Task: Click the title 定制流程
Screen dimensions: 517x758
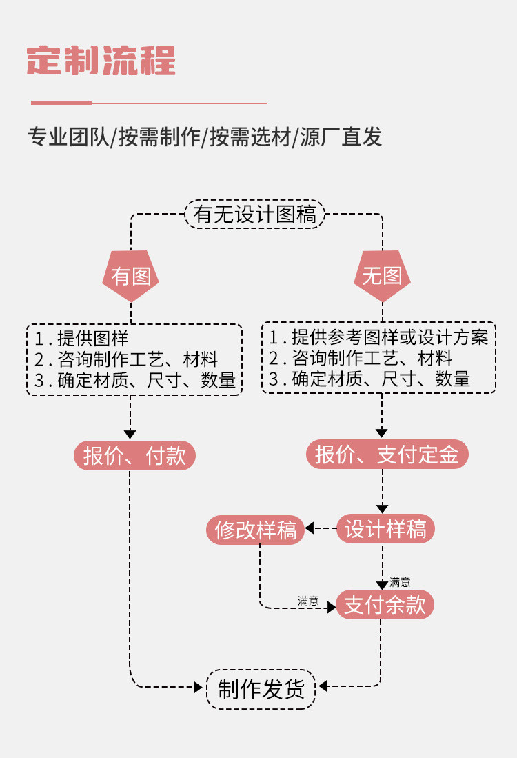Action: coord(101,61)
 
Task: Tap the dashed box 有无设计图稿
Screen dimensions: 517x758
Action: coord(255,214)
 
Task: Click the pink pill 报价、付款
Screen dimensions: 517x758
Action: coord(134,455)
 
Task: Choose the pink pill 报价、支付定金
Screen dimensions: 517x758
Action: coord(387,455)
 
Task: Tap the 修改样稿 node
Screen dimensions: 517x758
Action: coord(256,530)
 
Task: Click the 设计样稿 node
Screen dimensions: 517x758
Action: coord(385,528)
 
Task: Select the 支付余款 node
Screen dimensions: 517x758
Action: coord(385,604)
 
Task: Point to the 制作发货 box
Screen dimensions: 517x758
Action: coord(261,689)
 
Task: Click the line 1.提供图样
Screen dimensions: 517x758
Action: coord(81,339)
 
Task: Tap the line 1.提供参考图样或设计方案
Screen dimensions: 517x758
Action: coord(378,337)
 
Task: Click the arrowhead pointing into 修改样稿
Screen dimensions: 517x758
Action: coord(310,528)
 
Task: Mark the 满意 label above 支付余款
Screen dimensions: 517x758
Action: coord(400,582)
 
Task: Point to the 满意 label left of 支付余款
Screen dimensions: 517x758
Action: coord(308,601)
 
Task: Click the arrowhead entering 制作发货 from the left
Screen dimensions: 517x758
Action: coord(198,687)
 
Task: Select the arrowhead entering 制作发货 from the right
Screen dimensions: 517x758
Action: coord(323,686)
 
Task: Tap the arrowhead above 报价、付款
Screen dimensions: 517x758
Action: coord(130,434)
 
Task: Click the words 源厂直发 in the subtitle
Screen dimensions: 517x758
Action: coord(341,137)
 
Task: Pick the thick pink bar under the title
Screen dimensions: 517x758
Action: coord(61,103)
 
